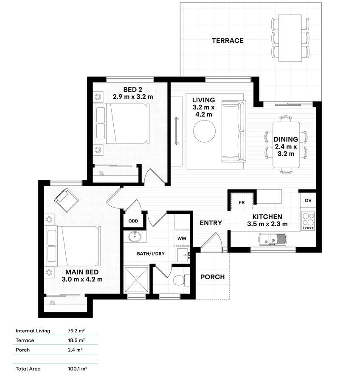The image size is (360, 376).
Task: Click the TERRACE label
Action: pos(228,41)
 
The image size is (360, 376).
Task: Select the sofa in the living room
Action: pos(233,132)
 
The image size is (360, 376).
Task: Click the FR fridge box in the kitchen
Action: pos(242,202)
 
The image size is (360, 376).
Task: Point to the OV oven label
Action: pos(308,200)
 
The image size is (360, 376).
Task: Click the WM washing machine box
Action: pos(182,238)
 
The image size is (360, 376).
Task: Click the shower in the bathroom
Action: pos(136,280)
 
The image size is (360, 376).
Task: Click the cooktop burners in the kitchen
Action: pos(308,221)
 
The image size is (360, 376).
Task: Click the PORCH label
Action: pos(212,277)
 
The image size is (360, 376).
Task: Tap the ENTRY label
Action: pos(211,223)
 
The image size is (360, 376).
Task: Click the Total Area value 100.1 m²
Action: pos(77,369)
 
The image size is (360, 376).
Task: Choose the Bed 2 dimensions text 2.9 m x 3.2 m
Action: pos(133,97)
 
